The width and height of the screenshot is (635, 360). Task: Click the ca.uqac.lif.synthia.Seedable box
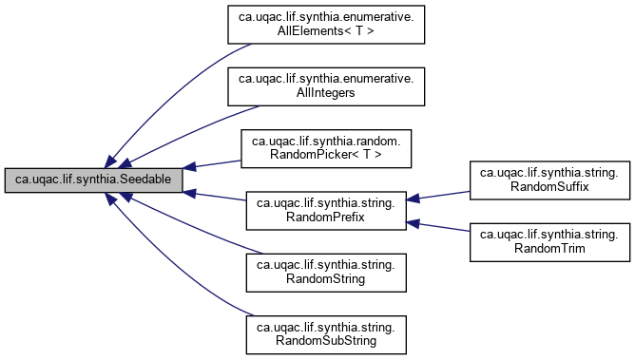[x=92, y=179]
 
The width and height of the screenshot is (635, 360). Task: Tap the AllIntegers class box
[x=324, y=85]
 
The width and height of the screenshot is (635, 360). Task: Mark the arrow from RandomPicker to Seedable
[x=214, y=163]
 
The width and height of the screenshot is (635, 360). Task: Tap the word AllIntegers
[x=324, y=93]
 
